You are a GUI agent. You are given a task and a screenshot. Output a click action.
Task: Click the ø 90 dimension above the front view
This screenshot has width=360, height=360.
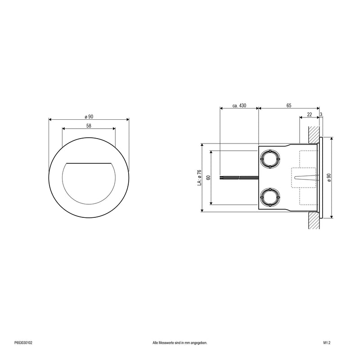[89, 117]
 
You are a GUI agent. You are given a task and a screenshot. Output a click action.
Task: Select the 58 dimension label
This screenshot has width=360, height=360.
[89, 126]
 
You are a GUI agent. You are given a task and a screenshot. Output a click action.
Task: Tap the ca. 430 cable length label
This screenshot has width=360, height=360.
[239, 105]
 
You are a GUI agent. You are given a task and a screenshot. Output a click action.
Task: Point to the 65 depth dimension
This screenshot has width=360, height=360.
[289, 105]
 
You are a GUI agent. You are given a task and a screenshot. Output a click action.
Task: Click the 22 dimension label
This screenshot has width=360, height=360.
[310, 114]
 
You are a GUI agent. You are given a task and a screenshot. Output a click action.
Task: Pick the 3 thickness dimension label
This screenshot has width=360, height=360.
[321, 114]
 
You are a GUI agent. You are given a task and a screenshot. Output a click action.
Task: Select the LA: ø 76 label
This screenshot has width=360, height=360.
[199, 178]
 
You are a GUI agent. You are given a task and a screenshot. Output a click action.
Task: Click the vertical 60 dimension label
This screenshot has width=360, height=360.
[208, 177]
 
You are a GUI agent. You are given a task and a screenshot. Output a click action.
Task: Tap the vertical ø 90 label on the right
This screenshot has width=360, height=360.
[329, 178]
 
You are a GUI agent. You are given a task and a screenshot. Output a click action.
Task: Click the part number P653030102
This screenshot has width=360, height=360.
[23, 343]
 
